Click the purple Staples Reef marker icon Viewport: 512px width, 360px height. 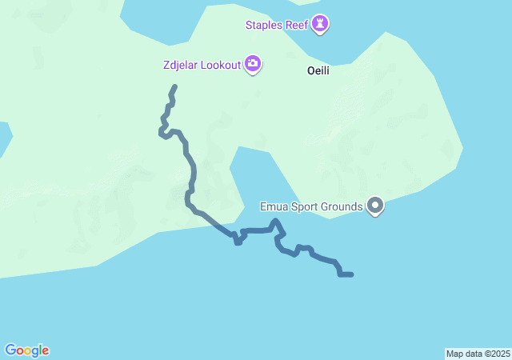point(322,26)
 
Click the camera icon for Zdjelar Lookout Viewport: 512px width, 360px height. point(253,64)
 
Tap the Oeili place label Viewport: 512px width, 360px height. point(319,70)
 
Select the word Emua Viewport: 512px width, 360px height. point(274,207)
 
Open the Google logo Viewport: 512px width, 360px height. point(27,350)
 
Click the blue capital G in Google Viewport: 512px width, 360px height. point(10,350)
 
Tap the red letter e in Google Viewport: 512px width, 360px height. point(46,351)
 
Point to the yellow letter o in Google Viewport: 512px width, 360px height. point(27,351)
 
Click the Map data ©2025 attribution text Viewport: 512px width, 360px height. point(478,354)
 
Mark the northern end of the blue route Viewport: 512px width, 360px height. point(174,86)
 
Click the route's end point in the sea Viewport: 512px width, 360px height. point(351,274)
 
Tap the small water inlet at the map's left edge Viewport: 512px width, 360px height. point(4,136)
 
